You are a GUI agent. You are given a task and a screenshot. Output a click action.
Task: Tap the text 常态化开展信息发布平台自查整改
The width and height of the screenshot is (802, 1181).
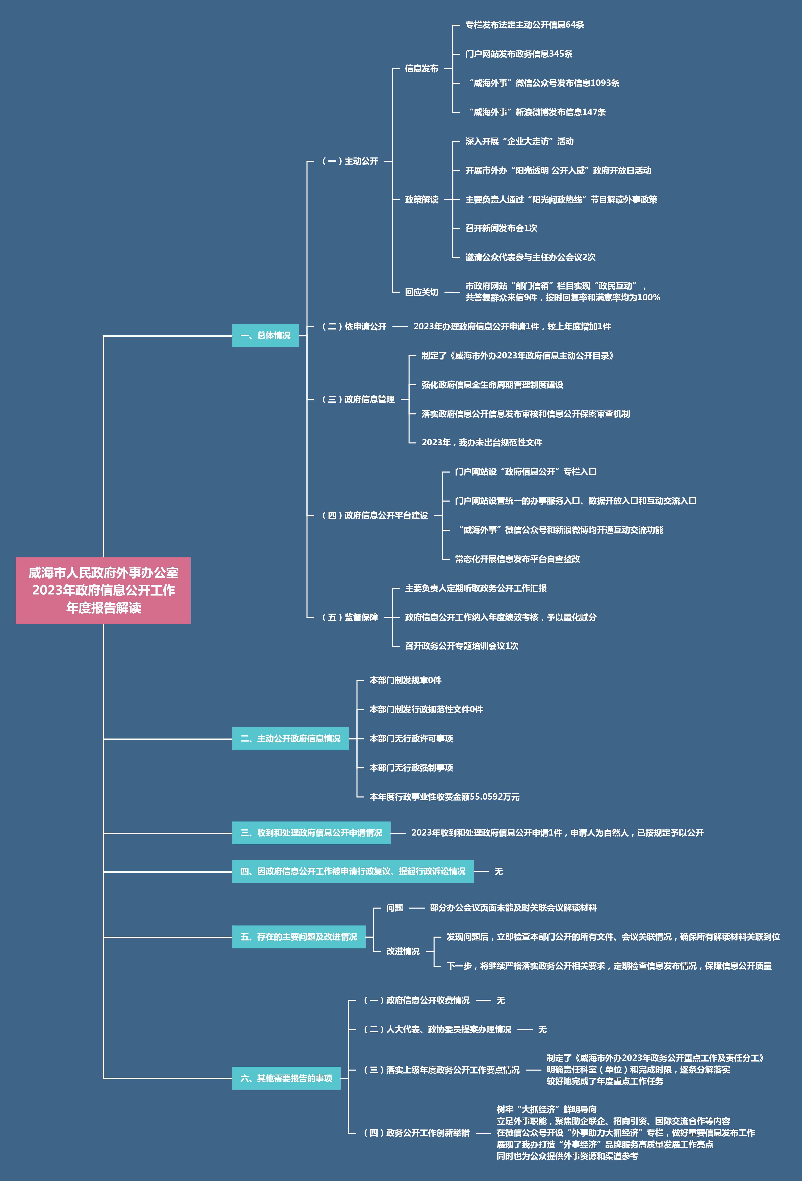517,559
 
